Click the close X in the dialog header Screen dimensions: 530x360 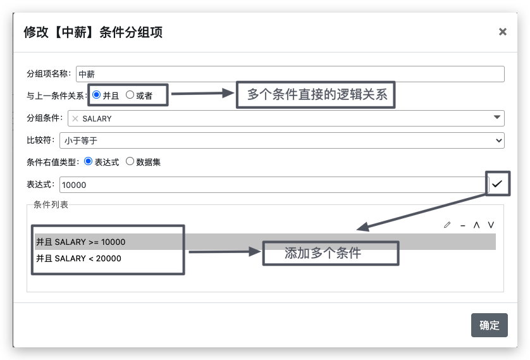(x=503, y=32)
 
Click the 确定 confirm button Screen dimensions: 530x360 (x=489, y=325)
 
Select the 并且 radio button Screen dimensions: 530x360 (x=96, y=95)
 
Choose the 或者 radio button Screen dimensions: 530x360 (x=130, y=95)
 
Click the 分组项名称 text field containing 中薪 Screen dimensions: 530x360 (x=290, y=74)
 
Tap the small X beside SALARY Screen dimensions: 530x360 (x=75, y=119)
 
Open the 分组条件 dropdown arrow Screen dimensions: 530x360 (x=497, y=117)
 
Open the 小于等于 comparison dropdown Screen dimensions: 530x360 (x=282, y=140)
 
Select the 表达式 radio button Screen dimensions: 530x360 (x=88, y=161)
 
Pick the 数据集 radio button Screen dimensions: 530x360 (x=130, y=161)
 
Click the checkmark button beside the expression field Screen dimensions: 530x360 (x=497, y=184)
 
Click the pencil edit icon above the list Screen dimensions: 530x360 (x=447, y=225)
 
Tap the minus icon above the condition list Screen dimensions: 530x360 (x=463, y=225)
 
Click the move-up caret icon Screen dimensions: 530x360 (x=477, y=225)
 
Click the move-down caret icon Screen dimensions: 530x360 (x=491, y=225)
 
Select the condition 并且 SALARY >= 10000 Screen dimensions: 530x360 (x=81, y=242)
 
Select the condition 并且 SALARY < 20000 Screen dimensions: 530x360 (x=79, y=259)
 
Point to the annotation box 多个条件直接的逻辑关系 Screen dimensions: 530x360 (x=316, y=95)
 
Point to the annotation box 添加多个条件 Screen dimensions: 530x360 (x=331, y=253)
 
